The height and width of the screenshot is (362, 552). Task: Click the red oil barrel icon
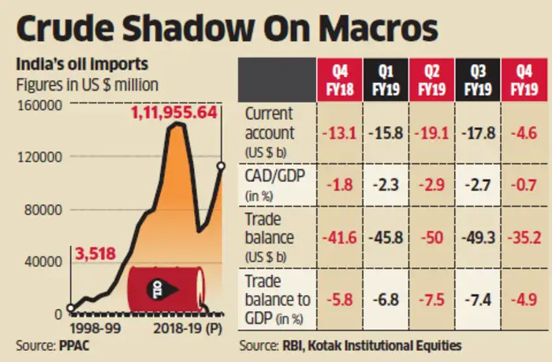[x=165, y=288]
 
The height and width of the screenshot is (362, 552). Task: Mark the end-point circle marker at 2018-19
[x=222, y=166]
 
